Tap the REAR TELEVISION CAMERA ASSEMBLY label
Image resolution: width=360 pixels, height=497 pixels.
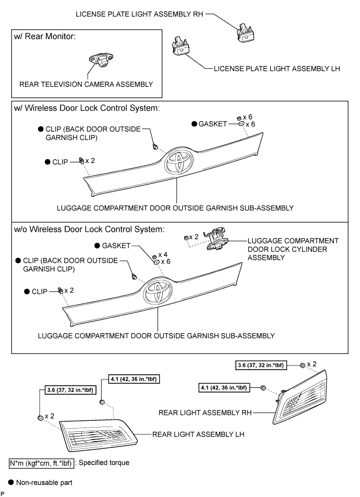pos(86,84)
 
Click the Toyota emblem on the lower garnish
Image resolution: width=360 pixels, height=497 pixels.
pos(155,292)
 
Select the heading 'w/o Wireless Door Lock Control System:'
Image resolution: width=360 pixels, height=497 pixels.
pos(90,229)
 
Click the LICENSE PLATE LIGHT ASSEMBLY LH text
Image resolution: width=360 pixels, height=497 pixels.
pos(277,68)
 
